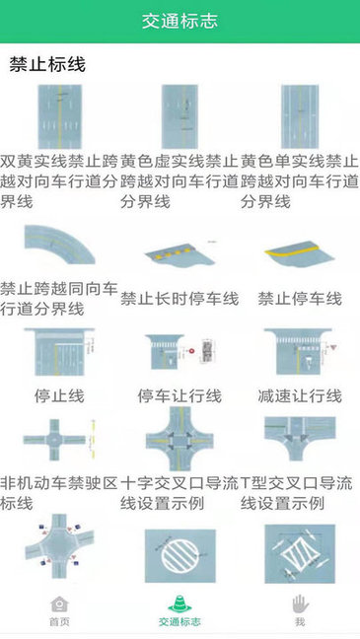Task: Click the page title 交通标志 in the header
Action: pos(180,21)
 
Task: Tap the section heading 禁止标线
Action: pos(47,65)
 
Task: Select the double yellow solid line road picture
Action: pos(59,116)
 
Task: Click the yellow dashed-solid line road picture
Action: pos(180,116)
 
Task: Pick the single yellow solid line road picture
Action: pos(300,116)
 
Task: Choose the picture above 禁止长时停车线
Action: pos(180,252)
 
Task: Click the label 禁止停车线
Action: pos(300,298)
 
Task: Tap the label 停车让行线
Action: pos(180,395)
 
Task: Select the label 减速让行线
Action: pos(300,395)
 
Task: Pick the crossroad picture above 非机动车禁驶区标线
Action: pos(59,440)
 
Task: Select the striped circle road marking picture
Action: pos(180,557)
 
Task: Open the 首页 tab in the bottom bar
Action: pos(60,611)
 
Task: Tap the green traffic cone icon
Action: pos(180,603)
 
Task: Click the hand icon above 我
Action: pos(300,603)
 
